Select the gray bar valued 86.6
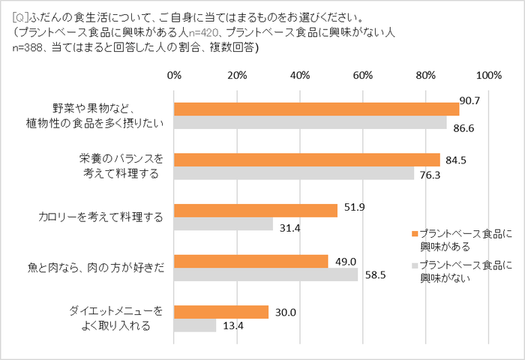point(310,122)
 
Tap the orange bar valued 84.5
point(307,160)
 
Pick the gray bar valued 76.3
point(294,173)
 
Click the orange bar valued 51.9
point(256,211)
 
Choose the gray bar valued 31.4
point(223,224)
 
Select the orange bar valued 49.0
point(251,261)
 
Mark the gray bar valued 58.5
point(266,274)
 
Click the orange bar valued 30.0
point(221,312)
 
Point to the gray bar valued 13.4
point(195,325)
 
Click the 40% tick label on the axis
point(300,75)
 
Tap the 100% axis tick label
point(488,75)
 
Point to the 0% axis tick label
point(174,75)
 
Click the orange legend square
point(413,234)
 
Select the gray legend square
point(413,265)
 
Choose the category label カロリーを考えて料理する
point(100,217)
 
